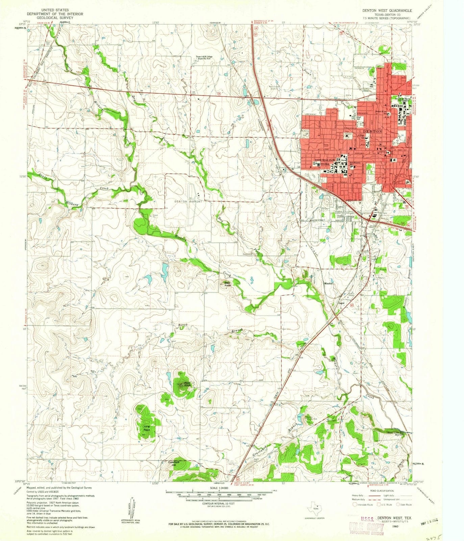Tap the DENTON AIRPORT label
(188, 201)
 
